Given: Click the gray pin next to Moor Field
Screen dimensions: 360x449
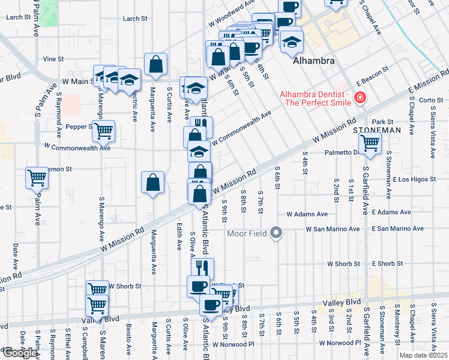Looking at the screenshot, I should tap(276, 232).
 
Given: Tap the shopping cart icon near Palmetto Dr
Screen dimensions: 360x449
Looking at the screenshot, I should tap(370, 143).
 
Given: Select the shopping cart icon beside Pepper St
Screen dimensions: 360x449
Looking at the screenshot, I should tap(104, 130).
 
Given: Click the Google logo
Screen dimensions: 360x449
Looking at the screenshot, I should tap(19, 353).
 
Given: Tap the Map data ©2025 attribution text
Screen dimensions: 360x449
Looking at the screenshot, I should tap(423, 355).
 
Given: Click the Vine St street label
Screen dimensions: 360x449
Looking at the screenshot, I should tap(53, 59).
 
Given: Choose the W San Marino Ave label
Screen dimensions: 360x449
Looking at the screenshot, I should tap(332, 229).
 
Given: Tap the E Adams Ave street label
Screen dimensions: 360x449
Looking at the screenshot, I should tap(391, 213).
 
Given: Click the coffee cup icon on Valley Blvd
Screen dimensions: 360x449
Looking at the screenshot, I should tap(210, 305).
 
